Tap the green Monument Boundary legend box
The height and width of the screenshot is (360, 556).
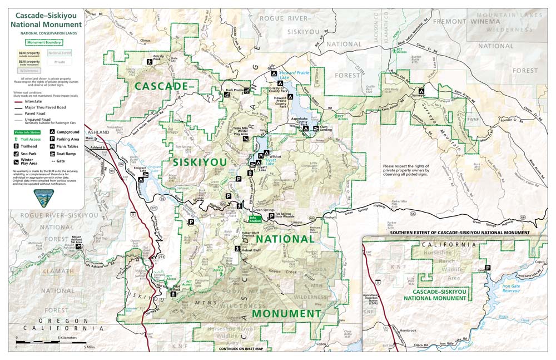(44, 42)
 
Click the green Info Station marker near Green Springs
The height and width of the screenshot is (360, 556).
(254, 219)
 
